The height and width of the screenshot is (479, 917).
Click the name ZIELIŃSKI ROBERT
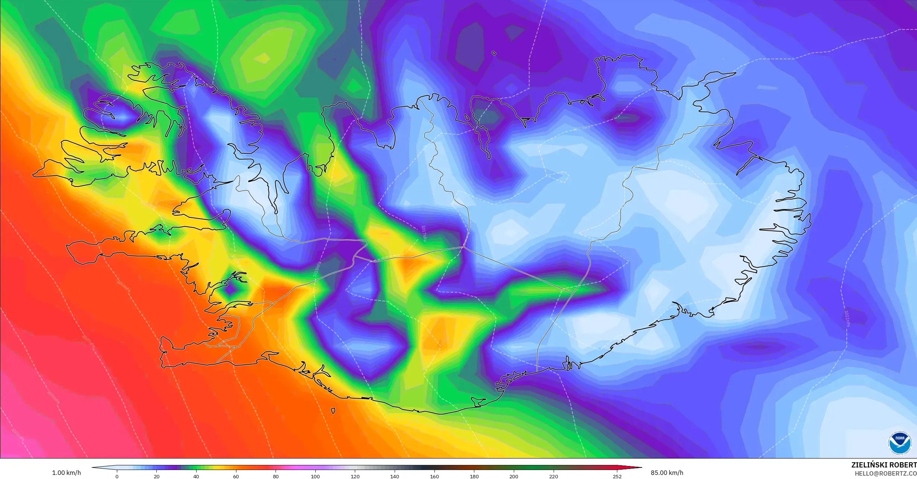pos(884,465)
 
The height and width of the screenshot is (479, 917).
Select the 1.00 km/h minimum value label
pos(66,473)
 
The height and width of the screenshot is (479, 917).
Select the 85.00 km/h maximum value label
pos(667,473)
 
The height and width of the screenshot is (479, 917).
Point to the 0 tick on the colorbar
pos(117,476)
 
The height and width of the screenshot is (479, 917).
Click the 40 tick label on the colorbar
pos(196,476)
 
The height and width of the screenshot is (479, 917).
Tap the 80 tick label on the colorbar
pos(276,476)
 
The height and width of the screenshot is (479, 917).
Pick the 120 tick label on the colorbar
pos(355,476)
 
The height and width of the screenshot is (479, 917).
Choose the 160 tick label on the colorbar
pos(434,476)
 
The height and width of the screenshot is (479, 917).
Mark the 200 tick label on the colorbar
pos(514,476)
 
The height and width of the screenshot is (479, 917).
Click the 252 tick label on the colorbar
pos(617,476)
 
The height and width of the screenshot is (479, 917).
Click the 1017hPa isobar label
pos(424,233)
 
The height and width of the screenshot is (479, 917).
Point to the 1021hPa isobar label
pos(847,319)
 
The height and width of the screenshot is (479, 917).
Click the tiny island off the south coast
pos(333,411)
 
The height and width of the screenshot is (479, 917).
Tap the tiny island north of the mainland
pos(494,53)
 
